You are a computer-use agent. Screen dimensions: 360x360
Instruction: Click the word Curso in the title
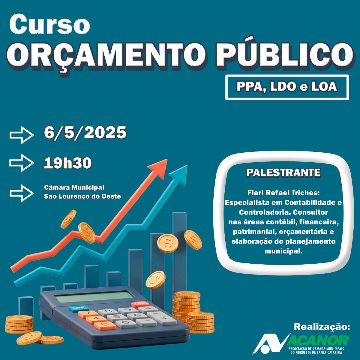pyautogui.click(x=50, y=25)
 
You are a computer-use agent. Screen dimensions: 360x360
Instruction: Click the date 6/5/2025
pyautogui.click(x=85, y=133)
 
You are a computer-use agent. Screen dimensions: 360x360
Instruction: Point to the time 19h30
pyautogui.click(x=67, y=163)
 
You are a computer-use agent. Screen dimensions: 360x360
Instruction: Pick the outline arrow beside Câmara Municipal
pyautogui.click(x=22, y=193)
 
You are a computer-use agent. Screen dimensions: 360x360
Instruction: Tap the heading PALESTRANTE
pyautogui.click(x=283, y=172)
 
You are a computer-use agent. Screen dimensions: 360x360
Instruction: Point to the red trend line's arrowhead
pyautogui.click(x=159, y=168)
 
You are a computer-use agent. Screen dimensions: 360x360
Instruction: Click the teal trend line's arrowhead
pyautogui.click(x=179, y=174)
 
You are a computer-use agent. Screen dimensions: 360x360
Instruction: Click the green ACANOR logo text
pyautogui.click(x=318, y=340)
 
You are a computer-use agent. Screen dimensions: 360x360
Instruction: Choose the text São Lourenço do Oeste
pyautogui.click(x=82, y=196)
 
